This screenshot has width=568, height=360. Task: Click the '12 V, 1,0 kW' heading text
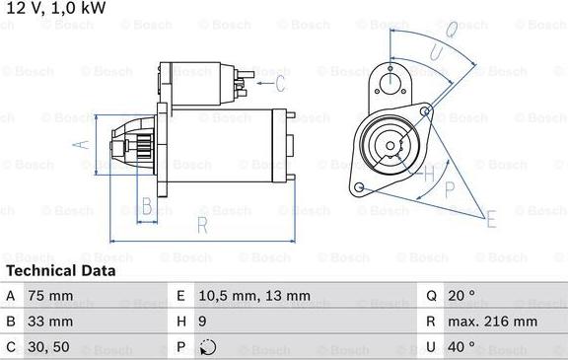click(55, 8)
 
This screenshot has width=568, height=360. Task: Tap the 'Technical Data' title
click(60, 270)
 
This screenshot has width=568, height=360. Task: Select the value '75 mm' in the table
click(55, 296)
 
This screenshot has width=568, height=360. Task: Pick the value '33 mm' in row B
click(55, 322)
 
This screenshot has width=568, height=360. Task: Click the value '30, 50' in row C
click(56, 347)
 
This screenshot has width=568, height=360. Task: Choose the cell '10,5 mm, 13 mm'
click(255, 296)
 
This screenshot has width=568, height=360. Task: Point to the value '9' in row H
click(204, 322)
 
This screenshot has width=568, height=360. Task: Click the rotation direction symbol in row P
click(206, 347)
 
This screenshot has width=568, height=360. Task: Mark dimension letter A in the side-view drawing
click(83, 144)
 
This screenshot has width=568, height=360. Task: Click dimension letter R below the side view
click(201, 226)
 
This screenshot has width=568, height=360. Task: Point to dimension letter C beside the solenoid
click(279, 82)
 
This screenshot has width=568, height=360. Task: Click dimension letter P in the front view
click(450, 187)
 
